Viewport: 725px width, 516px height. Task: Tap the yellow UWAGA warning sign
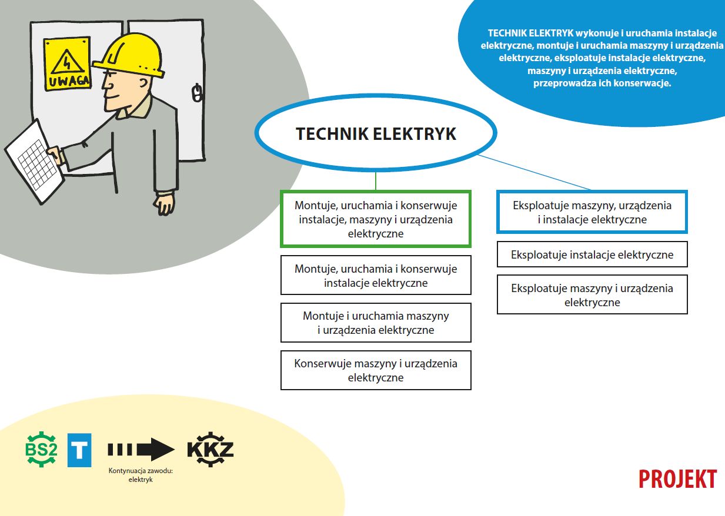pos(67,63)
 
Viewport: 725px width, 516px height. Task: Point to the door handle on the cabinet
pos(197,92)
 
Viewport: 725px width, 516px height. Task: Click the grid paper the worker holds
pos(34,161)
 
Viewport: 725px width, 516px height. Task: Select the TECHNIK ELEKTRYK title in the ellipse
pos(376,133)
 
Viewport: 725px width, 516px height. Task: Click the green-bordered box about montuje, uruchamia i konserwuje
pos(376,219)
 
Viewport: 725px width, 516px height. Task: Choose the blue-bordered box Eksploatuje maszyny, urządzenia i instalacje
pos(592,212)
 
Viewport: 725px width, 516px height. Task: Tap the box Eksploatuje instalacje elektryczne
pos(592,254)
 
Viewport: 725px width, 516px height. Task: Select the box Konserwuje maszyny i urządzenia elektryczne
pos(376,370)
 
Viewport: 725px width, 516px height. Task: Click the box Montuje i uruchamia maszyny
pos(376,323)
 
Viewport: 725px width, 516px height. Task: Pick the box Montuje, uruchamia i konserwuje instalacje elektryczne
pos(376,275)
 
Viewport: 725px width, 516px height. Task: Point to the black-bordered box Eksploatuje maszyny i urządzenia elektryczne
pos(592,294)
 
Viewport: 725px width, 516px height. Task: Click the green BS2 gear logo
pos(41,449)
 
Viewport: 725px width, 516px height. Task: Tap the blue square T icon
pos(79,450)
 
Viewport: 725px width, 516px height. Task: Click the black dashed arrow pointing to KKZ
pos(141,450)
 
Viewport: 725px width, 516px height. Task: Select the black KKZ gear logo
pos(211,449)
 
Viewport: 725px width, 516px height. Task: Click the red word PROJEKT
pos(677,479)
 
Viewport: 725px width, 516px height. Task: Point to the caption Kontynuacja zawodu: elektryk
pos(141,475)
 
